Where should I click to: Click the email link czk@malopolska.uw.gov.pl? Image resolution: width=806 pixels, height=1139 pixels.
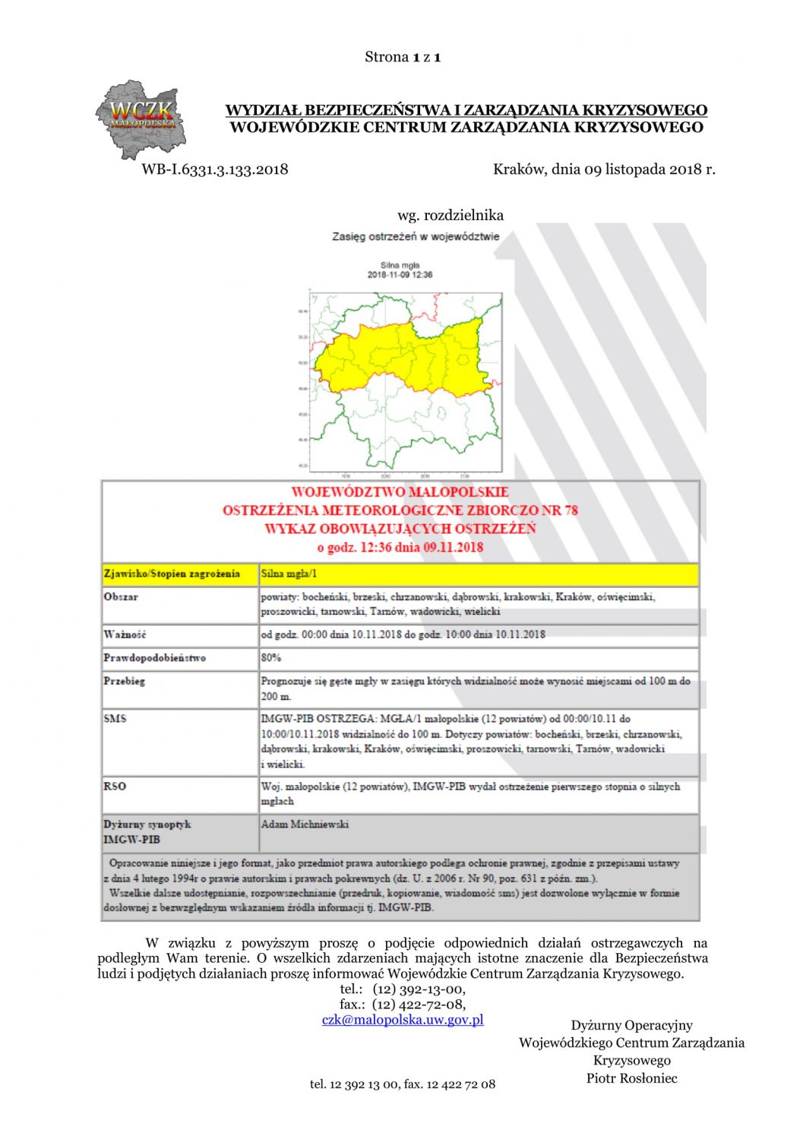403,1020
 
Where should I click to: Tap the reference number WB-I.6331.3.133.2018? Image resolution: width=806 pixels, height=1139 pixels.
215,169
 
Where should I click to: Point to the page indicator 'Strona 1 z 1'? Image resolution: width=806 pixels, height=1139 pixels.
403,57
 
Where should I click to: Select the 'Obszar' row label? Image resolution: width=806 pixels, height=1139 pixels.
122,597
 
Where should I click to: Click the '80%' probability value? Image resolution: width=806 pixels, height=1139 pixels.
271,658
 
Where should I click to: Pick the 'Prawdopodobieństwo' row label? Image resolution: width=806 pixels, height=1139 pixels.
155,658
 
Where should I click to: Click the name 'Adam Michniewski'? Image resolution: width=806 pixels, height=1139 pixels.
305,824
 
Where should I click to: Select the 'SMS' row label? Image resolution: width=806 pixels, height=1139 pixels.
115,718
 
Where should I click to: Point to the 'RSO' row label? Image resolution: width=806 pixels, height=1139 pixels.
115,787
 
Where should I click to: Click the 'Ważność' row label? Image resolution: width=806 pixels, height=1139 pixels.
125,635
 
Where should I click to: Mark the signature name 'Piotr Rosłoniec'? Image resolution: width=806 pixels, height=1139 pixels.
631,1078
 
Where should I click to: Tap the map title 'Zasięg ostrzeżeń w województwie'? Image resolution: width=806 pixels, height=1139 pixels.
416,236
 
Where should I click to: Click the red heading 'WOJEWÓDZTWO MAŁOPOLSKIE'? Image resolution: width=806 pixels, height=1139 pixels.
400,492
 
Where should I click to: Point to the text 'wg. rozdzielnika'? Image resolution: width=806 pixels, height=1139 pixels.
450,215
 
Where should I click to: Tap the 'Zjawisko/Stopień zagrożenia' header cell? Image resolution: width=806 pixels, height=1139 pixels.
172,574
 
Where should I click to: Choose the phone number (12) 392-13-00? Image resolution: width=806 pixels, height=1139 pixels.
419,989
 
